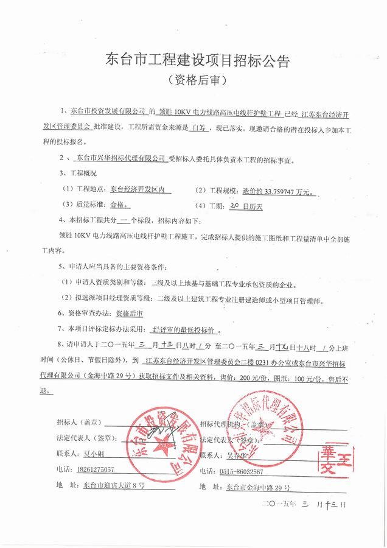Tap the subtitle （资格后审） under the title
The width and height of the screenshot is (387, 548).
(x=193, y=80)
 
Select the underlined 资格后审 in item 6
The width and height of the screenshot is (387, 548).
(x=128, y=314)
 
